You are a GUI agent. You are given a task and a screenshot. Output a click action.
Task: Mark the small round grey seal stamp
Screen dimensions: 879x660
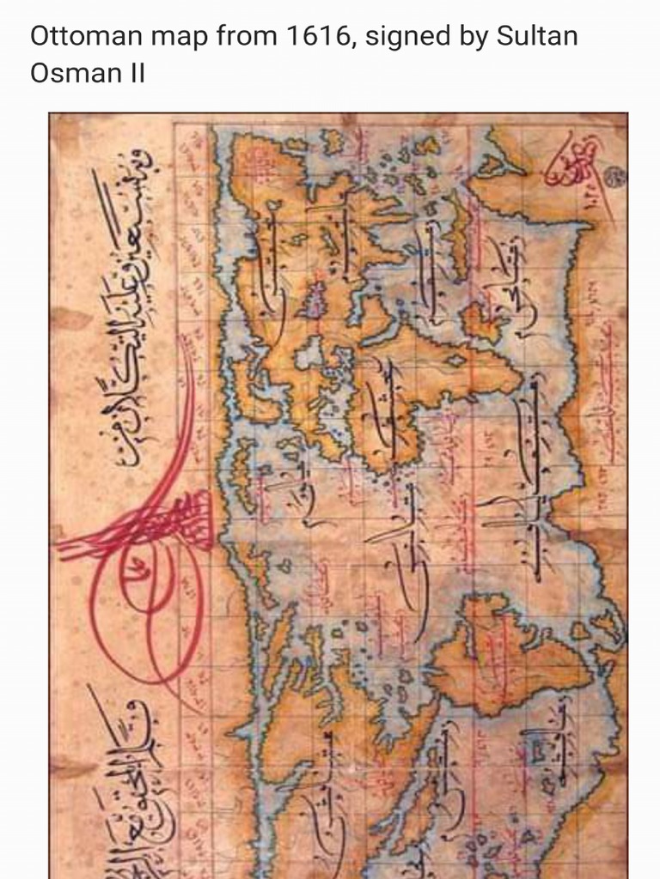[615, 178]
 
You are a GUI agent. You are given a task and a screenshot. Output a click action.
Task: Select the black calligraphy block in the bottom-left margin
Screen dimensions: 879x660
[129, 773]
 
